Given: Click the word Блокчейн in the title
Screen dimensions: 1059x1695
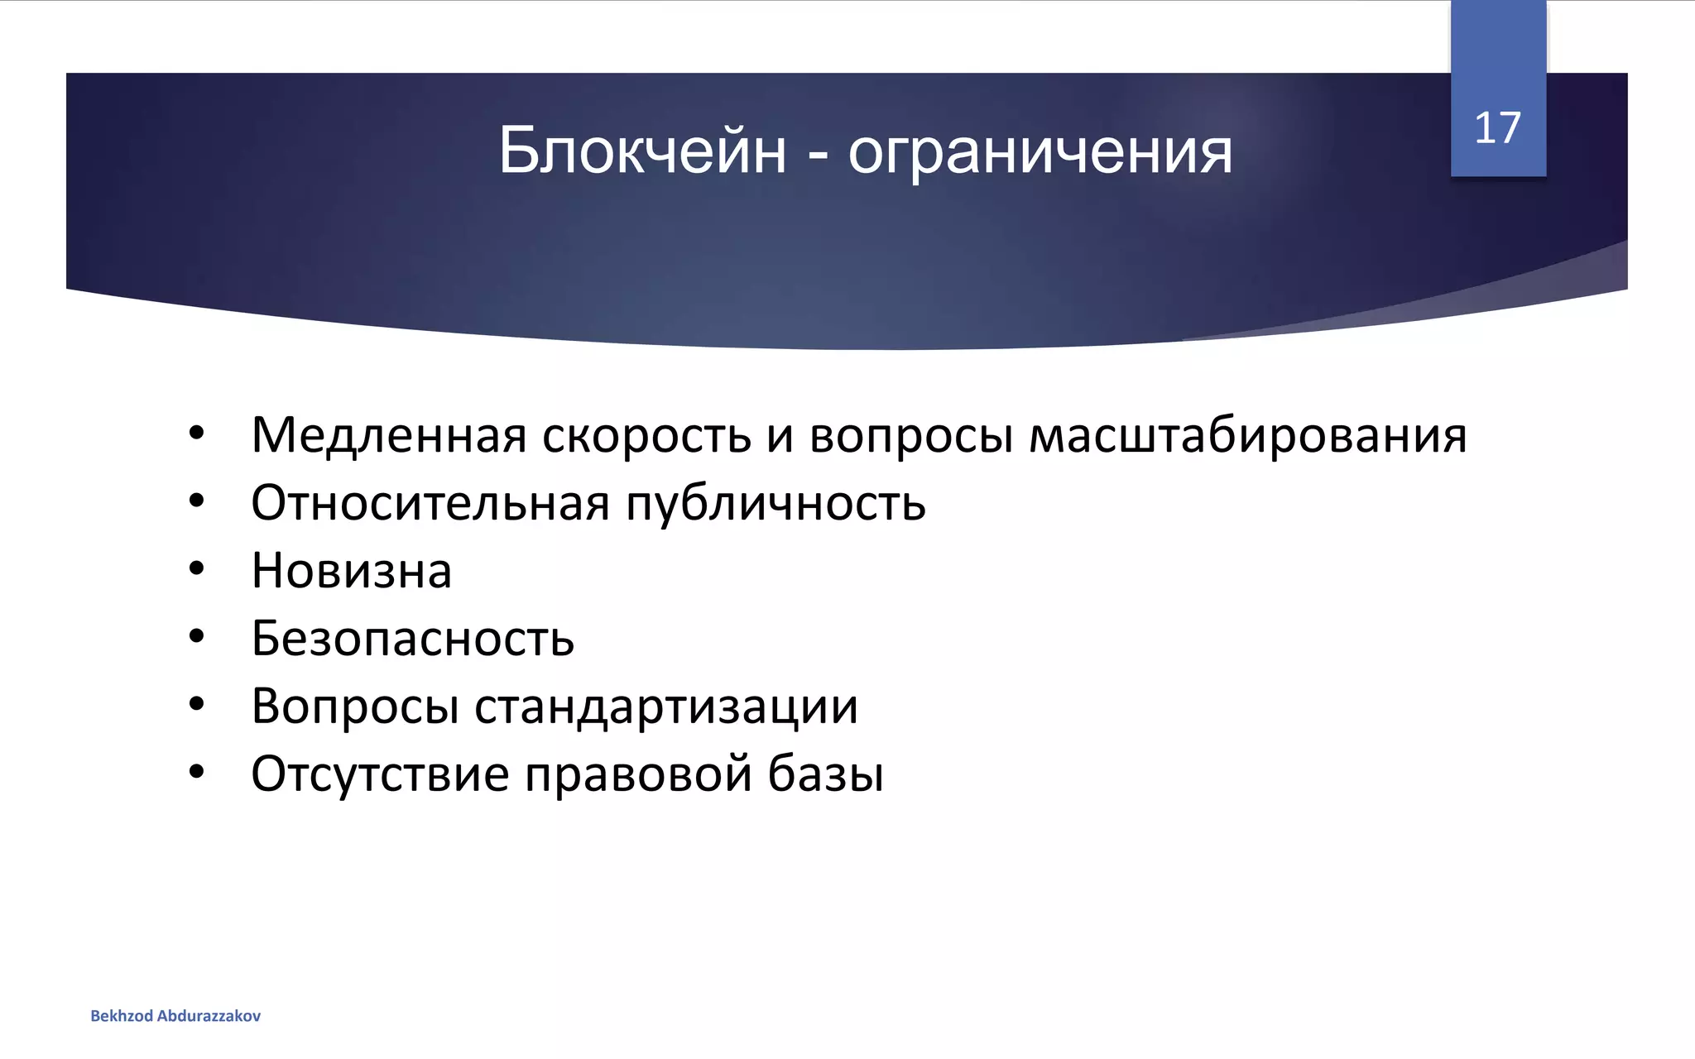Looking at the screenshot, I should (x=642, y=151).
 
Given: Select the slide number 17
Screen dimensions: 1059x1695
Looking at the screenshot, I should (x=1497, y=128).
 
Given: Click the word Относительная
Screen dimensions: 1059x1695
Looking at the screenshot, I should (x=430, y=503).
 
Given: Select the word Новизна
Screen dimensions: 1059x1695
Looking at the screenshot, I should (x=352, y=571).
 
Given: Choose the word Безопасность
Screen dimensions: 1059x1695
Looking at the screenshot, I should (x=412, y=639).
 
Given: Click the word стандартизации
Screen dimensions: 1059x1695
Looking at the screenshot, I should (x=666, y=707).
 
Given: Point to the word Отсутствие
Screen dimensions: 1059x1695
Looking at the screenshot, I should (x=380, y=774).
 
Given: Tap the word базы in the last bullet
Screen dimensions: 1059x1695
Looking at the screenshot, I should (x=825, y=774).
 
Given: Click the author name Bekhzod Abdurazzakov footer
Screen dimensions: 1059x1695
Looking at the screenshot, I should (x=175, y=1016).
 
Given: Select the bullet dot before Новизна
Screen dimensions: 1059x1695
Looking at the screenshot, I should (x=196, y=568).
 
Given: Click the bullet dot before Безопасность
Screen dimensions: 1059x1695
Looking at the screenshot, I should (x=196, y=636).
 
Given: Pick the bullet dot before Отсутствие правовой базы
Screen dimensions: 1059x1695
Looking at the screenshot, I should (x=196, y=772).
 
